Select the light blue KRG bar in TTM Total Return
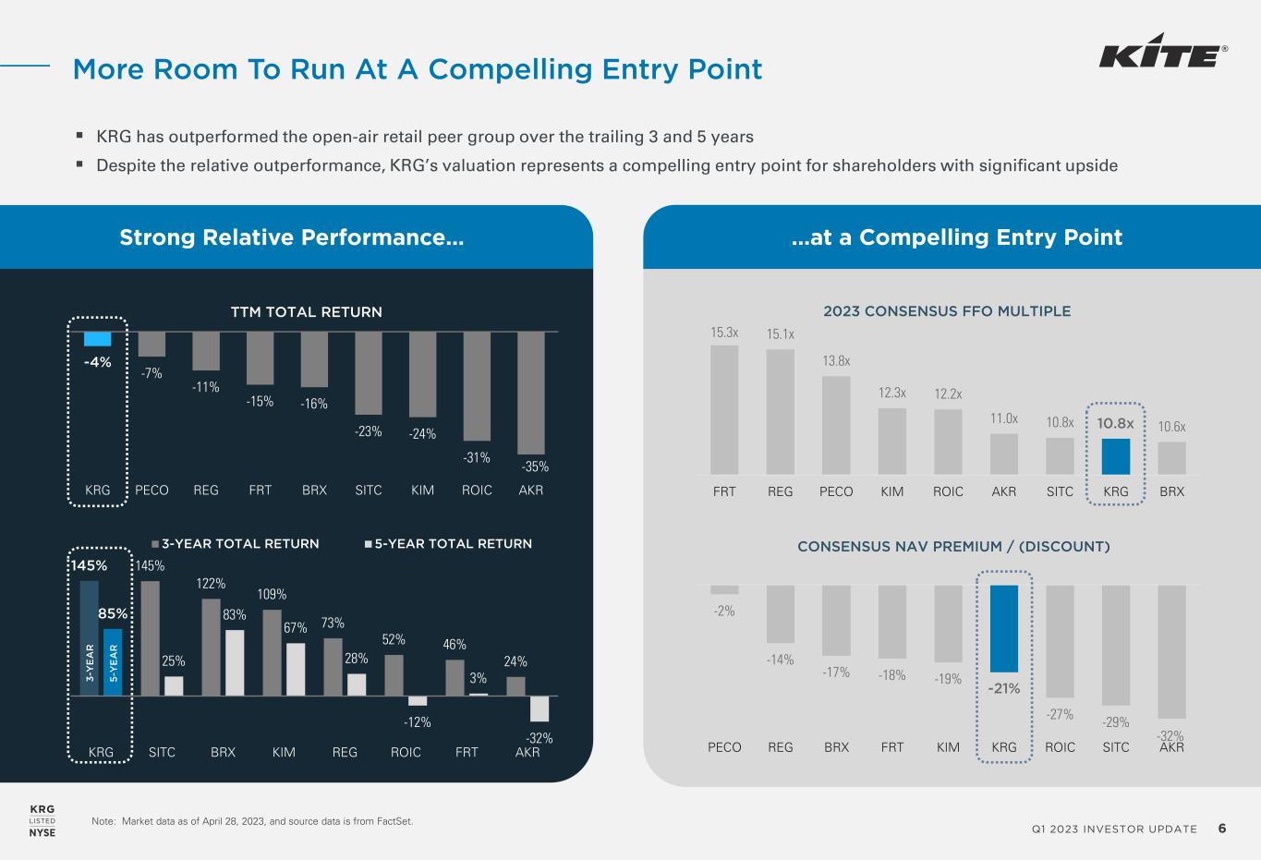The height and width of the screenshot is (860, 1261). coord(97,339)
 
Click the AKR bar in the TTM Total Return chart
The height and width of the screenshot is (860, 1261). coord(531,392)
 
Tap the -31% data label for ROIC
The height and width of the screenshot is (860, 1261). coord(477,457)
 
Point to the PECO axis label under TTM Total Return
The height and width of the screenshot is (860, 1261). coord(152,491)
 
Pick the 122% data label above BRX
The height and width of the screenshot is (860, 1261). coord(211,584)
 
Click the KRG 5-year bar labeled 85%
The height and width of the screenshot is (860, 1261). coord(113,661)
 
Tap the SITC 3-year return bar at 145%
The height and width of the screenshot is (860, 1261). coord(150,637)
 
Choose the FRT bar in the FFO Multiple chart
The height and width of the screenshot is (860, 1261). coord(724,409)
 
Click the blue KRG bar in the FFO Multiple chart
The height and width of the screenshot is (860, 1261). coord(1115,455)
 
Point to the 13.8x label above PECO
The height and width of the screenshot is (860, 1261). coord(836,361)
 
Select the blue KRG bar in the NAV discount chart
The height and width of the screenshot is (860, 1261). coord(1004,628)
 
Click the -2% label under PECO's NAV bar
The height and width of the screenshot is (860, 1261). coord(724,611)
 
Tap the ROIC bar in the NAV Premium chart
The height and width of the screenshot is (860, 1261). coord(1060,641)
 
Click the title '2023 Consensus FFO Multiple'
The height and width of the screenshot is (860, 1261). coord(947,311)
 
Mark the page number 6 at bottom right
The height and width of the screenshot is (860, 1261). coord(1222,829)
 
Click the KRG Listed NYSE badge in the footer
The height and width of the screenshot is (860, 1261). coord(42,820)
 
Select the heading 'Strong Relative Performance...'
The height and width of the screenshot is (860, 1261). coord(291,237)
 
